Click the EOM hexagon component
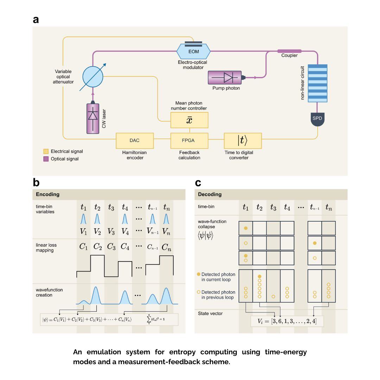(193, 51)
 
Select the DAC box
(134, 140)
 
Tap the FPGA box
(189, 140)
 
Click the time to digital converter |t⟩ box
(243, 141)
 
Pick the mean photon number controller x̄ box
(189, 120)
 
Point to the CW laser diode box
(93, 119)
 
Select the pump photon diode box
(225, 77)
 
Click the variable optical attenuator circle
(93, 76)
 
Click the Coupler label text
(289, 56)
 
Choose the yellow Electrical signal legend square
(46, 152)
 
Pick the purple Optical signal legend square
(46, 159)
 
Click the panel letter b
(36, 183)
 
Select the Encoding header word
(48, 194)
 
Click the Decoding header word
(210, 194)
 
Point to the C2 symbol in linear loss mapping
(97, 247)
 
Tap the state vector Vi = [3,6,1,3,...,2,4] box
(286, 321)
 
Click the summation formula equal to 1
(158, 319)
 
